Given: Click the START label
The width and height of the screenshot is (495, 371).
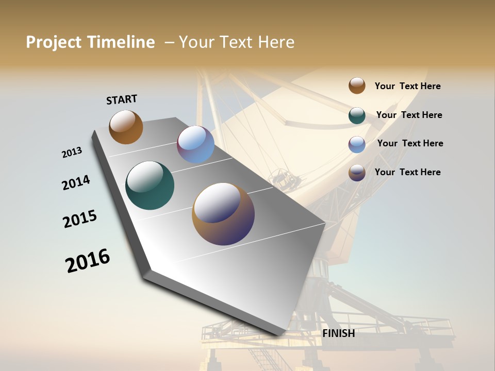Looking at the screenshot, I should pos(122,99).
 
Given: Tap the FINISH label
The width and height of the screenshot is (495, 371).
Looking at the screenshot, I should pos(339,333).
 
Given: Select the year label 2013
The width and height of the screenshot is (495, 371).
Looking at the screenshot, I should pos(72,153).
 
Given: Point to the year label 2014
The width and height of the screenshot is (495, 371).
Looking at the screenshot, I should pos(76,182).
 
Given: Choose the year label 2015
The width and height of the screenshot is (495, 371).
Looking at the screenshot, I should pos(80,219).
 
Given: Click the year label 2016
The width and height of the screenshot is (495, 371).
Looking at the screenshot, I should pos(88,261).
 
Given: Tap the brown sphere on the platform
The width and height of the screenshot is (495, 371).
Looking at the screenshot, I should pos(126,127).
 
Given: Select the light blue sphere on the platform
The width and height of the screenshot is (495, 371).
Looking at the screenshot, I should pos(195,144).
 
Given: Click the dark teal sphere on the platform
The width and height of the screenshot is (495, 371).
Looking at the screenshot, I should pos(150,185).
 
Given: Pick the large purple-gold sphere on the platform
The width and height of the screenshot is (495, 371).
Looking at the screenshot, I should pos(223,214).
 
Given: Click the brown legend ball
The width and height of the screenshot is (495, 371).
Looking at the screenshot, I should pos(357,86).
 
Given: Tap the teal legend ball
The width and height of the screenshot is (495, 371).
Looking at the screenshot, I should pos(357,115).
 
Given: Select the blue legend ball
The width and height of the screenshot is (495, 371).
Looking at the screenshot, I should pos(357,144).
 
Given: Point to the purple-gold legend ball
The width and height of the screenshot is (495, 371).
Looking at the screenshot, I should pos(357,173).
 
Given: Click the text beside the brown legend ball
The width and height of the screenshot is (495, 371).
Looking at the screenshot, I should pos(407,86).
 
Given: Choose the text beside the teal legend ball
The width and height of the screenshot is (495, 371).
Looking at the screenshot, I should pos(409,115).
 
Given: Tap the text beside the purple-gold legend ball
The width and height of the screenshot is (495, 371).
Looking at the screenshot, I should pos(407,172).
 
